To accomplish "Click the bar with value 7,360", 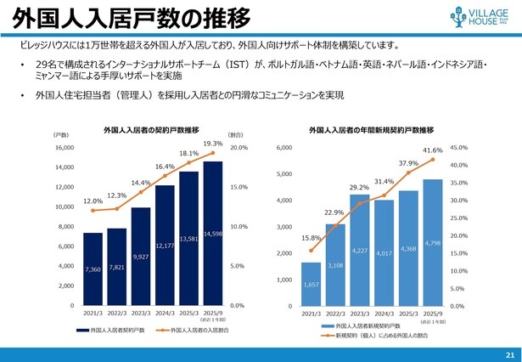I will tap(93, 269).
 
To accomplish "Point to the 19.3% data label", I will tap(213, 144).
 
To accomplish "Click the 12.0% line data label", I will tap(93, 201).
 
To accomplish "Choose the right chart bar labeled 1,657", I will tap(312, 284).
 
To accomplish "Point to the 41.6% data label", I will tap(432, 150).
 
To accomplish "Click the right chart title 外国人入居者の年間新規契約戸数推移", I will tap(371, 130).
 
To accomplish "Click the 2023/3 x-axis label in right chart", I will tap(360, 314).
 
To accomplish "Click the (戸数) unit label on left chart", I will tap(61, 134).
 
